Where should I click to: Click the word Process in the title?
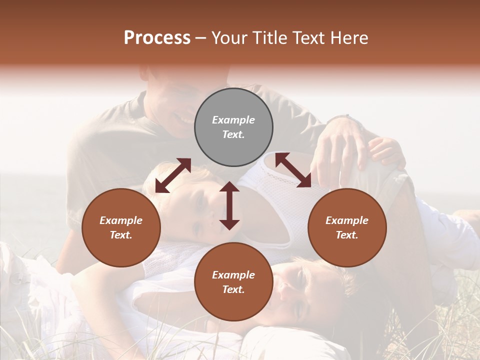(x=157, y=38)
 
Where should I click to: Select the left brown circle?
(x=121, y=227)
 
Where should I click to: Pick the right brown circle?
(x=347, y=227)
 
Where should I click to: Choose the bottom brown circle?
(x=233, y=282)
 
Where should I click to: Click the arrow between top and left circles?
(x=173, y=175)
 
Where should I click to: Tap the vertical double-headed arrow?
(x=229, y=205)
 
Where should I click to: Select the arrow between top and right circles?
(x=293, y=170)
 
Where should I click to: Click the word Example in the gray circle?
(x=233, y=120)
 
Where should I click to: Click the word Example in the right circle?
(x=347, y=220)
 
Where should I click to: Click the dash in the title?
(x=201, y=38)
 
